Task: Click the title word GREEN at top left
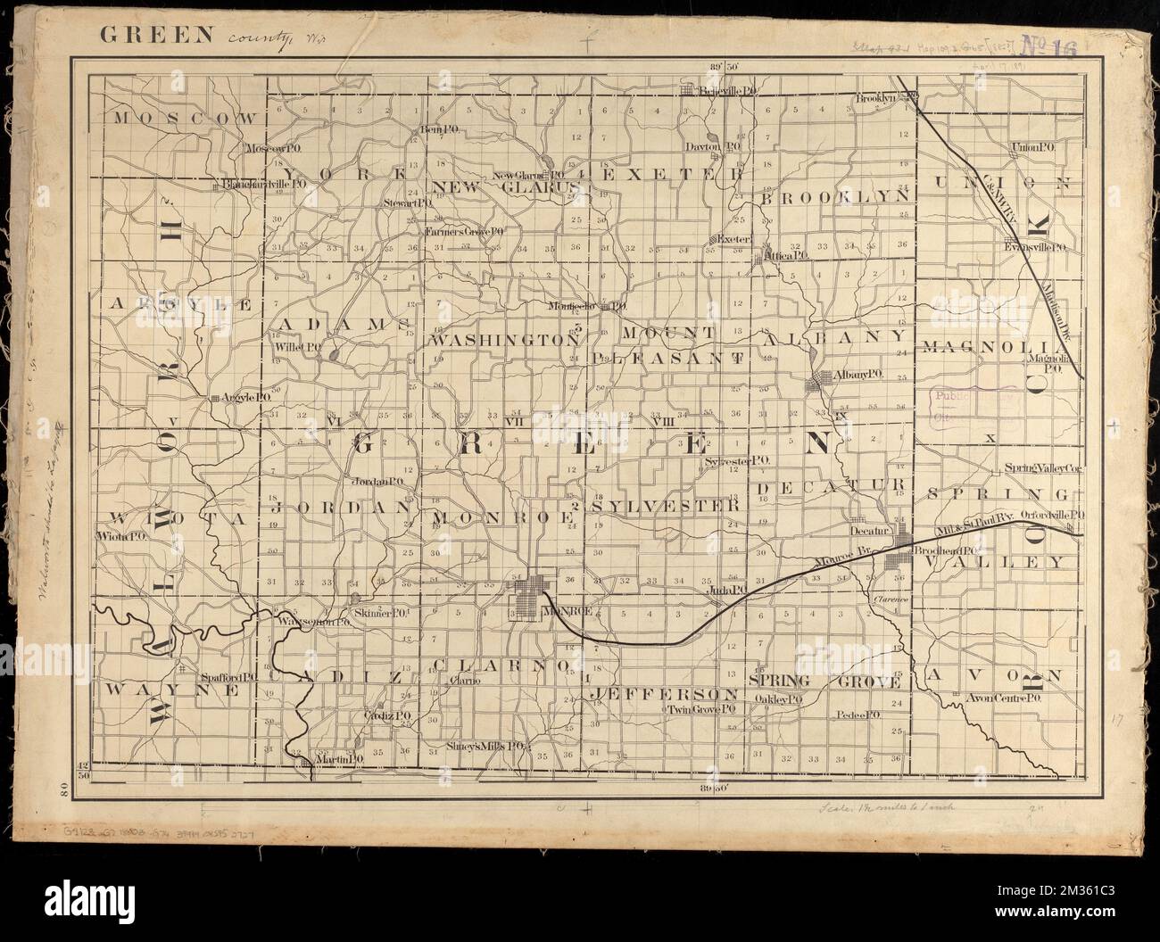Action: point(157,37)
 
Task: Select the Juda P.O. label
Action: point(728,590)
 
